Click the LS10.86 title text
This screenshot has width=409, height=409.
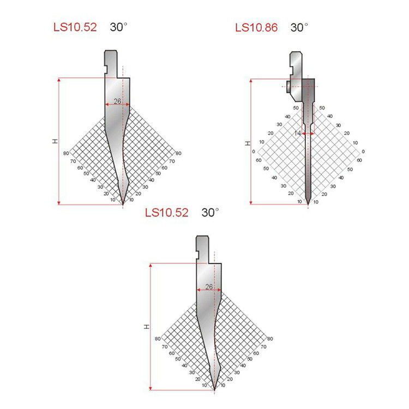pyautogui.click(x=256, y=27)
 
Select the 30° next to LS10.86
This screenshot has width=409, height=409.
pyautogui.click(x=299, y=27)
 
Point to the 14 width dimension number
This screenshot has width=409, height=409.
pyautogui.click(x=298, y=133)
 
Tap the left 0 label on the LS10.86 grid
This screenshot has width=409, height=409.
pyautogui.click(x=253, y=152)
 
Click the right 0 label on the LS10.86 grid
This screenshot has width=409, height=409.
pyautogui.click(x=363, y=152)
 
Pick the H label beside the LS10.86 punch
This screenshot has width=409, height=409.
pyautogui.click(x=248, y=143)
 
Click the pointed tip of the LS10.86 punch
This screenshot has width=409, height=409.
pyautogui.click(x=308, y=204)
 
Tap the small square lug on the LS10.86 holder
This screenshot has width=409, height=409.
pyautogui.click(x=288, y=86)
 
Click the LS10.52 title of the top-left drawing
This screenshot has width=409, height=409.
pyautogui.click(x=75, y=27)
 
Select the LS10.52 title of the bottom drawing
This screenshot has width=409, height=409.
pyautogui.click(x=167, y=213)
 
